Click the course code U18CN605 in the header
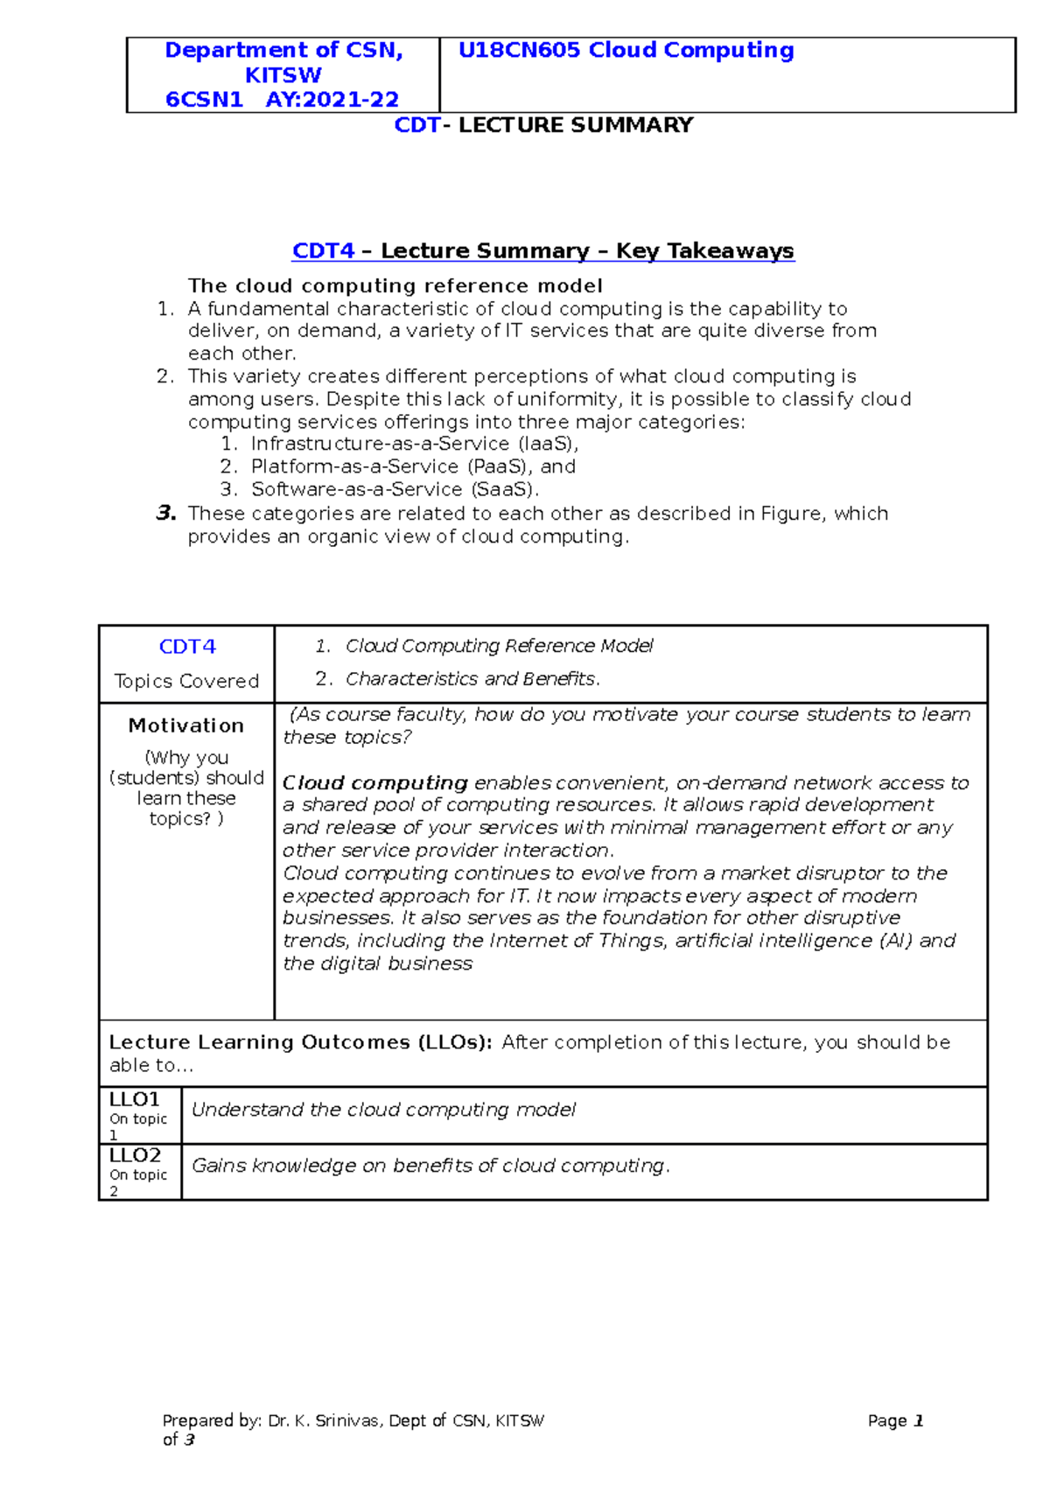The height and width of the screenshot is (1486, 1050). [x=520, y=51]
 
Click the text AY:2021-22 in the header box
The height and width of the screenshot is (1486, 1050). [x=332, y=100]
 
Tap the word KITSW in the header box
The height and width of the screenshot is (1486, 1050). [x=283, y=75]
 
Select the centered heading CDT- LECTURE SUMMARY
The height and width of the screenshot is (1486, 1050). [x=543, y=125]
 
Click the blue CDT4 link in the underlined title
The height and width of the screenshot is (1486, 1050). [x=323, y=251]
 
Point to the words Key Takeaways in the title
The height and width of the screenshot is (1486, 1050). [x=704, y=251]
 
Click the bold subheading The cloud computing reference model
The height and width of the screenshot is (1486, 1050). [x=395, y=286]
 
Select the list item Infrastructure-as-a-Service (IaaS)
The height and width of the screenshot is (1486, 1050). [x=414, y=444]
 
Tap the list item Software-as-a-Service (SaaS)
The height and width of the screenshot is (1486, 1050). [x=395, y=489]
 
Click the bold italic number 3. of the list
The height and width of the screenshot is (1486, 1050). [x=166, y=513]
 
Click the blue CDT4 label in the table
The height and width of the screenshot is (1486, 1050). [x=187, y=647]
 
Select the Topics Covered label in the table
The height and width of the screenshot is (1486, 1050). [x=186, y=681]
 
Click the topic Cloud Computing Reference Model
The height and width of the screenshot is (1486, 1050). [x=499, y=646]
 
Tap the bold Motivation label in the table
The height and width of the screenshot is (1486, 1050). [x=186, y=725]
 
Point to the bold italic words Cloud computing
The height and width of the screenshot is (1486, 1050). [x=375, y=782]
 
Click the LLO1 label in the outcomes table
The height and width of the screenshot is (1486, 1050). [x=135, y=1099]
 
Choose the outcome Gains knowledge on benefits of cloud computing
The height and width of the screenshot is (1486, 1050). [x=430, y=1166]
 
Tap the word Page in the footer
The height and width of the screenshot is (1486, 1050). [x=886, y=1421]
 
